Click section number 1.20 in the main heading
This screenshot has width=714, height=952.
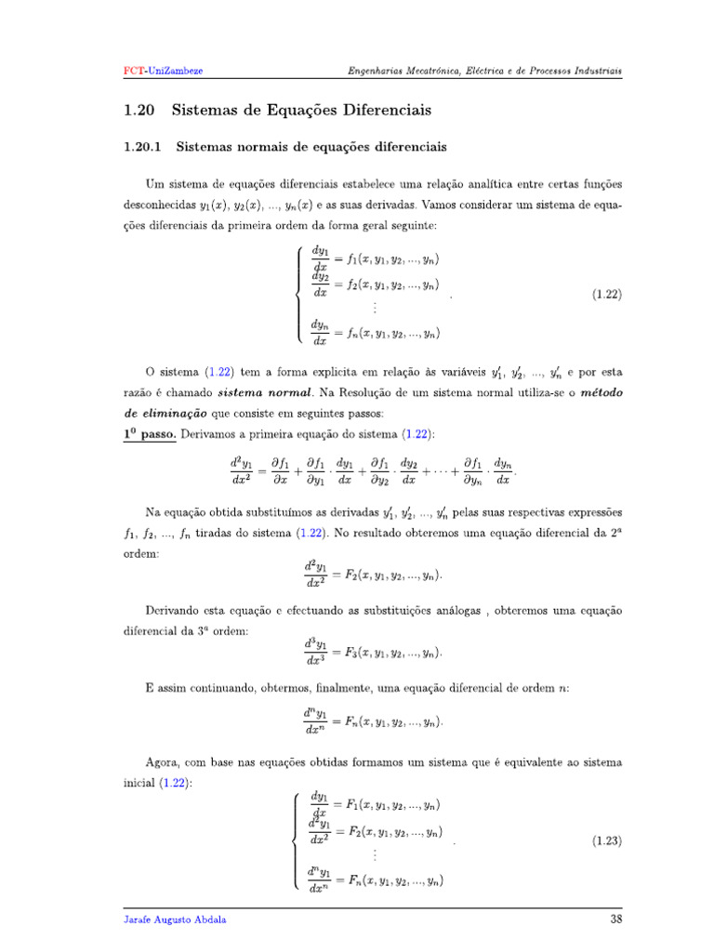click(x=138, y=111)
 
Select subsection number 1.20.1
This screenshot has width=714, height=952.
click(x=143, y=147)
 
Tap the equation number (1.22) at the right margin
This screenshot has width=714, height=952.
click(x=606, y=295)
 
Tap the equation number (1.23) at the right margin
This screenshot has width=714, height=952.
click(x=606, y=841)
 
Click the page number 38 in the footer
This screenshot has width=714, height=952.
click(x=615, y=919)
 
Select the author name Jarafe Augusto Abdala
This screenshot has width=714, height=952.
click(x=175, y=919)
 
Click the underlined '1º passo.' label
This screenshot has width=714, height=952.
click(x=150, y=434)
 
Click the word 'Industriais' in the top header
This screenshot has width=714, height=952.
click(x=596, y=71)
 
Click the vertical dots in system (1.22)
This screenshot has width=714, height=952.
click(x=375, y=308)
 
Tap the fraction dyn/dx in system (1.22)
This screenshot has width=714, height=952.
click(x=321, y=332)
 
